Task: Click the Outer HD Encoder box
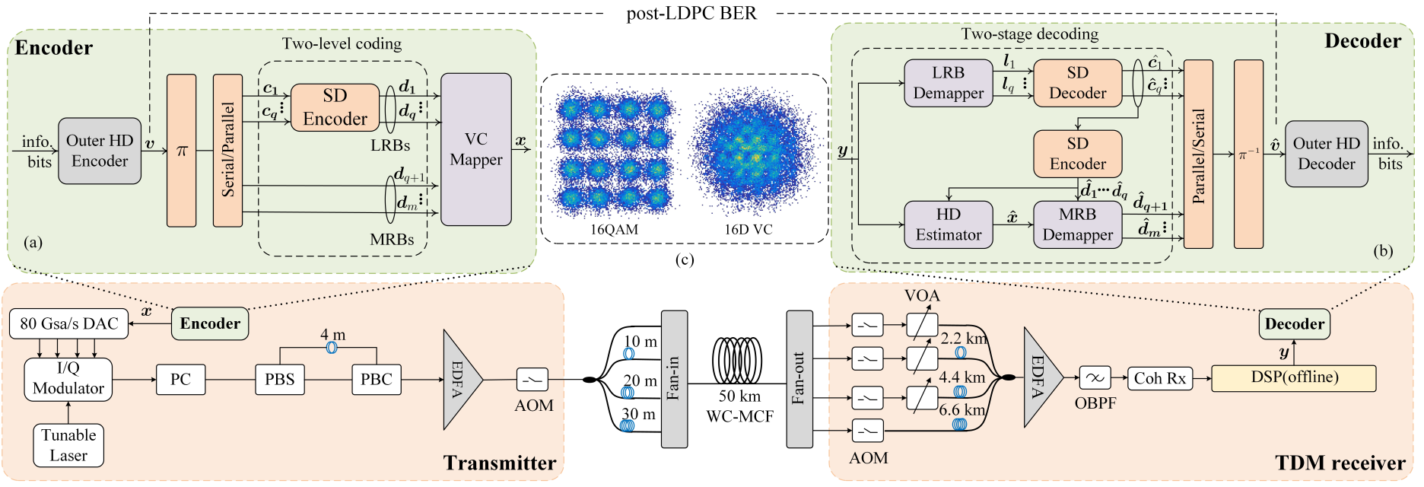[x=100, y=151]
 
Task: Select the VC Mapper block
[x=476, y=149]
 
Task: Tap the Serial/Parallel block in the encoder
[x=227, y=150]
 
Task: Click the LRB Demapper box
[x=948, y=83]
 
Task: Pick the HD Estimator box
[x=948, y=224]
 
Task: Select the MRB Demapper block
[x=1077, y=224]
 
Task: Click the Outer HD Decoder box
[x=1326, y=154]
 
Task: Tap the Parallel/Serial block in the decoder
[x=1198, y=154]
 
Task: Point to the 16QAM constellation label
[x=614, y=230]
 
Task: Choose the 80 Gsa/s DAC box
[x=68, y=324]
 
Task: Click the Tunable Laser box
[x=68, y=445]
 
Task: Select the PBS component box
[x=280, y=379]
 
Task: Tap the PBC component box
[x=377, y=379]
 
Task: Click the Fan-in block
[x=674, y=379]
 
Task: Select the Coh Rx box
[x=1160, y=378]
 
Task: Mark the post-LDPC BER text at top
[x=691, y=13]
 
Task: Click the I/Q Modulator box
[x=68, y=379]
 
